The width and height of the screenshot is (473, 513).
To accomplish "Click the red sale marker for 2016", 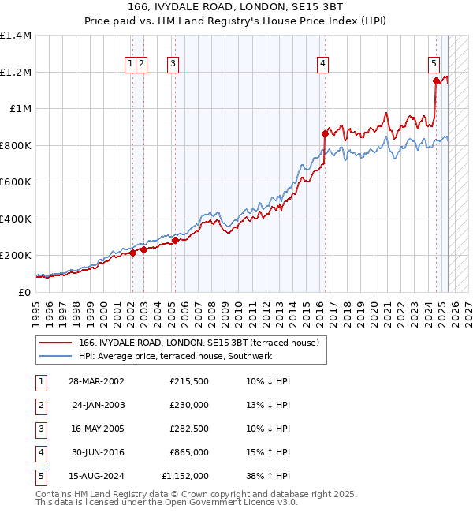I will [324, 134].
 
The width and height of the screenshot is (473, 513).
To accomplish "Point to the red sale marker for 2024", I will [436, 80].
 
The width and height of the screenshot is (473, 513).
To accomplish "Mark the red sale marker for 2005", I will [175, 240].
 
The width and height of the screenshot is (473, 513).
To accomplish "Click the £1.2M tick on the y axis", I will [15, 72].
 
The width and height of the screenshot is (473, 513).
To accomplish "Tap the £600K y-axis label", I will [15, 182].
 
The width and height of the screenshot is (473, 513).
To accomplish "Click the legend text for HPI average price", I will [175, 357].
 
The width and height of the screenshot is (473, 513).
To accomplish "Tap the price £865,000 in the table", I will [189, 453].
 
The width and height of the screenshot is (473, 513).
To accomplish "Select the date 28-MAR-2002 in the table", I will [96, 381].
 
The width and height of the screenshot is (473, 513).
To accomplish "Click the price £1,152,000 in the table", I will [185, 477].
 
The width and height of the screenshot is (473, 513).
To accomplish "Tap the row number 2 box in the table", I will [39, 406].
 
